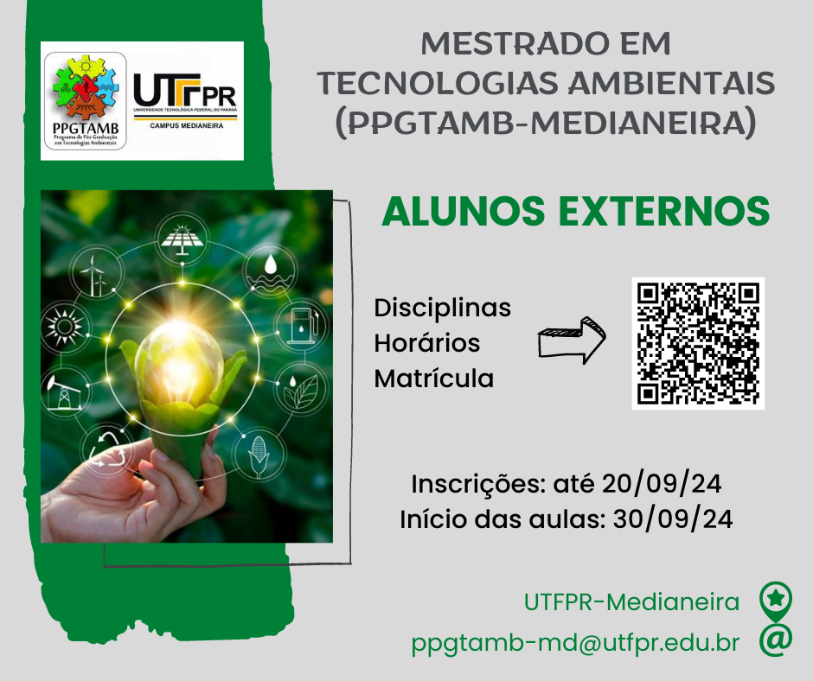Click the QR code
[x=698, y=343]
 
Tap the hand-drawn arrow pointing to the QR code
[x=572, y=340]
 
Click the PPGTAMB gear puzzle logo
[x=86, y=101]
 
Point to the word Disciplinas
[x=442, y=309]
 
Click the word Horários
[x=426, y=343]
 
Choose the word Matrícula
[x=433, y=379]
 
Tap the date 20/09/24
[x=662, y=484]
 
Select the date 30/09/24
[x=673, y=519]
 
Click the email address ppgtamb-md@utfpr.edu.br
[x=575, y=643]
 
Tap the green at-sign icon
[x=776, y=640]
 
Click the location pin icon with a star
[x=776, y=601]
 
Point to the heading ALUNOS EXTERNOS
[x=575, y=211]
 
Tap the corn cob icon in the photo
[x=258, y=455]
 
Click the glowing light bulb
[x=179, y=363]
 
